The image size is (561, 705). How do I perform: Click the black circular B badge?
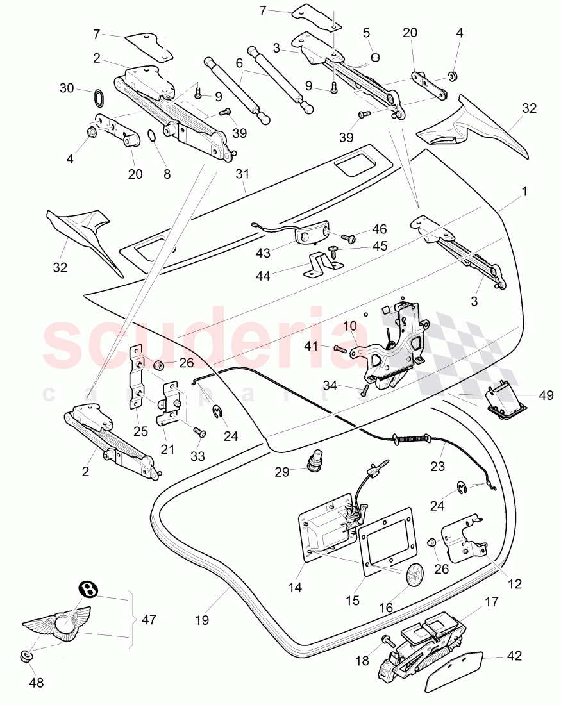[88, 589]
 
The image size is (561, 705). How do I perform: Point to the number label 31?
[242, 172]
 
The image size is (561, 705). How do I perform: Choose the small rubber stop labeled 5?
[375, 56]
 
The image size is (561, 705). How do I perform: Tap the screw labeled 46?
[351, 238]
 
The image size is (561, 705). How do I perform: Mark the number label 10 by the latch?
[350, 326]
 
